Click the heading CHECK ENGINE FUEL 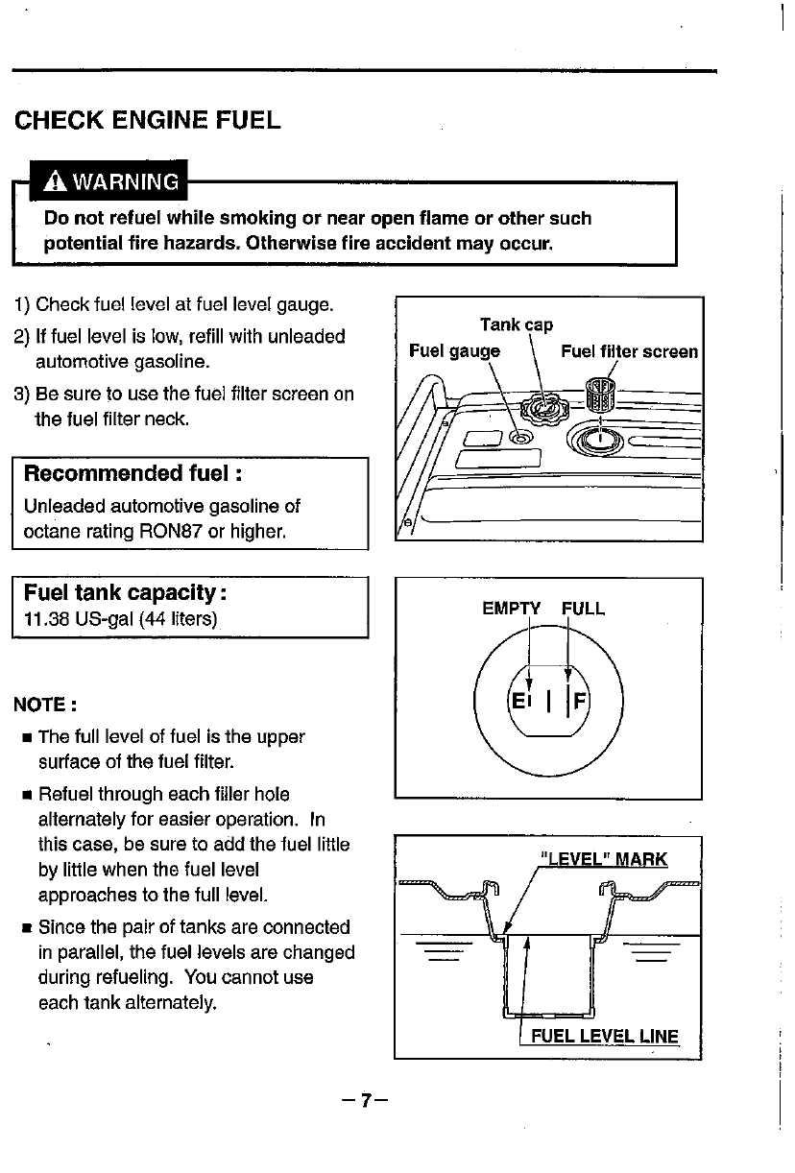click(147, 121)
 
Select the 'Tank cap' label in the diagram click(516, 325)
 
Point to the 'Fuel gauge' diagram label click(454, 351)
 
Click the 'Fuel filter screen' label click(630, 351)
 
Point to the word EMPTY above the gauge click(512, 609)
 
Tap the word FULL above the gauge click(584, 609)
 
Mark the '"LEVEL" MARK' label click(603, 859)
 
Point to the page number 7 click(364, 1100)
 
